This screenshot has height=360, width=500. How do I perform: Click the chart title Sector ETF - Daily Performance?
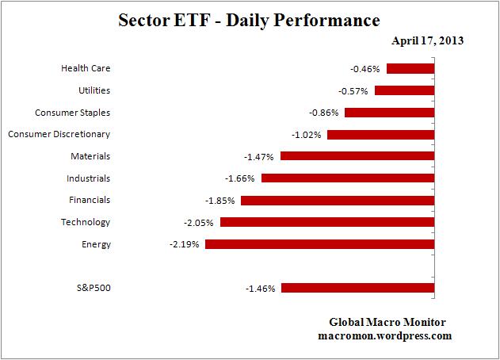[x=249, y=19]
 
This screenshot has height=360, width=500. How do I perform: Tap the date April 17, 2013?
[x=428, y=41]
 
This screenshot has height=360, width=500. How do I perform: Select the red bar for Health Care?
[x=410, y=69]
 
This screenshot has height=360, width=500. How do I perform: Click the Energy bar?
[x=319, y=244]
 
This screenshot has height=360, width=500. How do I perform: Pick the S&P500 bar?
[x=357, y=289]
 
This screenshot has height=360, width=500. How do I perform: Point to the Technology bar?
[x=327, y=223]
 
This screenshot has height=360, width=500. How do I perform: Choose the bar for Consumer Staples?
[x=389, y=113]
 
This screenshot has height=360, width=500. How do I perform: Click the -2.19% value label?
[x=184, y=245]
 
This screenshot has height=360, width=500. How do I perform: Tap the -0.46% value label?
[x=365, y=69]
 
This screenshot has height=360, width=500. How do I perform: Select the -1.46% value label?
[x=260, y=289]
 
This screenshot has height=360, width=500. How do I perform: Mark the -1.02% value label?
[x=306, y=135]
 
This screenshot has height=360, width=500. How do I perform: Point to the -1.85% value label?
[x=219, y=201]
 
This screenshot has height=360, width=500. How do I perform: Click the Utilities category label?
[x=94, y=91]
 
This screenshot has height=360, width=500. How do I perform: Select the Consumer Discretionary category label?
[x=59, y=135]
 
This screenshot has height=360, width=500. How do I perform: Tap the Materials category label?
[x=91, y=157]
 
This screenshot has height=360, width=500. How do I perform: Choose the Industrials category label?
[x=90, y=178]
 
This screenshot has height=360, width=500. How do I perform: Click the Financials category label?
[x=90, y=201]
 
